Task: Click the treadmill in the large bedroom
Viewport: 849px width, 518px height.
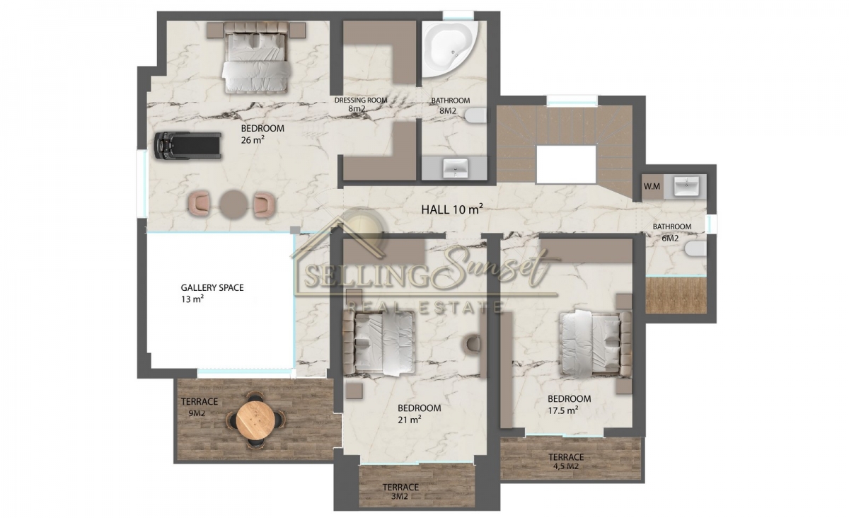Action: [187, 146]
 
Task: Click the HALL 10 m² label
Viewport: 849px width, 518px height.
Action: [452, 209]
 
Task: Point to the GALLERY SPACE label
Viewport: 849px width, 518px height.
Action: [212, 288]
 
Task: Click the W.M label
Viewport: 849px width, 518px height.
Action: [652, 187]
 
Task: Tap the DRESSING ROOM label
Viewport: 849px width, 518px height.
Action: [361, 100]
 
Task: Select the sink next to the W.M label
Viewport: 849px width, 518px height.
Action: [686, 187]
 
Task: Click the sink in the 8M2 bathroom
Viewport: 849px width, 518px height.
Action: [456, 168]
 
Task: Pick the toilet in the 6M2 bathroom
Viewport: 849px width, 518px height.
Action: [695, 250]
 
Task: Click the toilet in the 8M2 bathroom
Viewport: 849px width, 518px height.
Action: [475, 116]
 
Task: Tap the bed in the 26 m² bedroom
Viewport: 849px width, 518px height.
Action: [256, 57]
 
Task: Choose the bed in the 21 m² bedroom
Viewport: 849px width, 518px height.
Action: [379, 343]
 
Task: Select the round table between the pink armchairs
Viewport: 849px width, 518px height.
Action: [234, 205]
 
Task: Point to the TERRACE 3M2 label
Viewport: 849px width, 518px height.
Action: [400, 491]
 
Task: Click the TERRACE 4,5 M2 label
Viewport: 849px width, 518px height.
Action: [566, 461]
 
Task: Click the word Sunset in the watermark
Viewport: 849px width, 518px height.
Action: [497, 267]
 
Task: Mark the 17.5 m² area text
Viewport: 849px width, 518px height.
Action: [563, 410]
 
